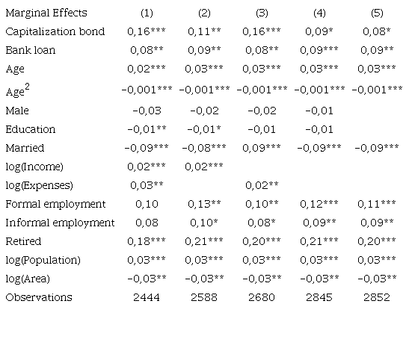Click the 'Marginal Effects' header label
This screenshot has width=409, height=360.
click(x=46, y=13)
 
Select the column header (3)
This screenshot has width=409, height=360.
click(x=262, y=13)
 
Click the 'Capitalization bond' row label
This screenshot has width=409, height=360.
click(x=55, y=31)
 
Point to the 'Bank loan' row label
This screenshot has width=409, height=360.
click(x=30, y=50)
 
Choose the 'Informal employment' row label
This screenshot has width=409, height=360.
click(x=60, y=223)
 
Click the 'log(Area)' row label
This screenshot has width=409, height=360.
click(x=28, y=279)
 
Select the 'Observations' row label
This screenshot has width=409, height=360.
click(x=39, y=297)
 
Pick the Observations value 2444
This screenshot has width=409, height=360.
click(x=147, y=297)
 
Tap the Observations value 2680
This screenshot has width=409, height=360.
click(x=262, y=297)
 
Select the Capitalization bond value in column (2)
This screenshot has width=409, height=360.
click(x=204, y=31)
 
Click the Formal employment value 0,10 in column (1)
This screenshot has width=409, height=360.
click(x=147, y=204)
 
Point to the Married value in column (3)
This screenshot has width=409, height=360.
click(x=262, y=148)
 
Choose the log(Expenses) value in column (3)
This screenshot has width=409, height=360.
click(x=262, y=185)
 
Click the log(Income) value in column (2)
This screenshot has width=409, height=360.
click(x=204, y=167)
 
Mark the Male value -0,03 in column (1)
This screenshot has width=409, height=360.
click(x=147, y=111)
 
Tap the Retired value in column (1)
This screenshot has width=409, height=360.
click(x=147, y=241)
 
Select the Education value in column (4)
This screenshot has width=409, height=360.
click(x=319, y=129)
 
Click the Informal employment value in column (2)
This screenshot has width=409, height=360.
click(x=204, y=223)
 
